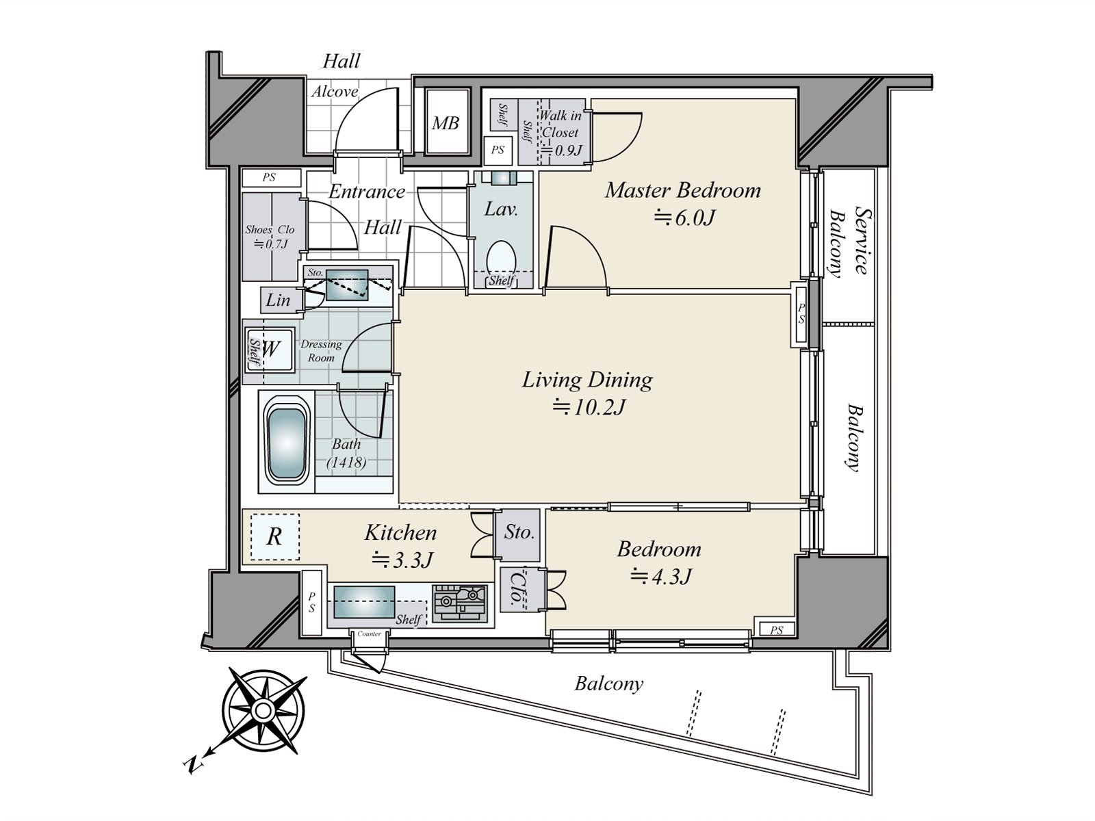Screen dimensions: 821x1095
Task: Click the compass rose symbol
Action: coord(263,710)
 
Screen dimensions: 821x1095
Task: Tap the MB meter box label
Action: coord(445,124)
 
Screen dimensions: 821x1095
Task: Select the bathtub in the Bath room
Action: coord(285,443)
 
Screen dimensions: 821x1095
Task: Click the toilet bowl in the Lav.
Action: coord(501,257)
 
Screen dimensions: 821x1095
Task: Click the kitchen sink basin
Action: coord(363,602)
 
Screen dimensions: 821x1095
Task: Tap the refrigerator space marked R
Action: coord(274,536)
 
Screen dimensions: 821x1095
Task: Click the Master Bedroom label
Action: coord(682,190)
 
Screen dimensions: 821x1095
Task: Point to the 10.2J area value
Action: coord(589,408)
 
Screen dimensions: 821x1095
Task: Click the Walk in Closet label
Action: coord(560,124)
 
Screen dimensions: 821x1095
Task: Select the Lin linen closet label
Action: coord(278,300)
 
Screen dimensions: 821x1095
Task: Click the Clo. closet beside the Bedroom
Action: coord(513,588)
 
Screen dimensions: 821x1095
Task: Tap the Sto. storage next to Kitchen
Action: coord(519,532)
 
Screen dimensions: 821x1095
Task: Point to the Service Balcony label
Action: coord(849,242)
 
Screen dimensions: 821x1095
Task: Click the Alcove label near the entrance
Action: coord(335,92)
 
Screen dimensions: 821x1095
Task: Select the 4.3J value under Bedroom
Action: coord(660,577)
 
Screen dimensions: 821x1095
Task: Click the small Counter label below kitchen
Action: coord(369,634)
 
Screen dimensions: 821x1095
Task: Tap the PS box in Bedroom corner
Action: coord(775,629)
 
